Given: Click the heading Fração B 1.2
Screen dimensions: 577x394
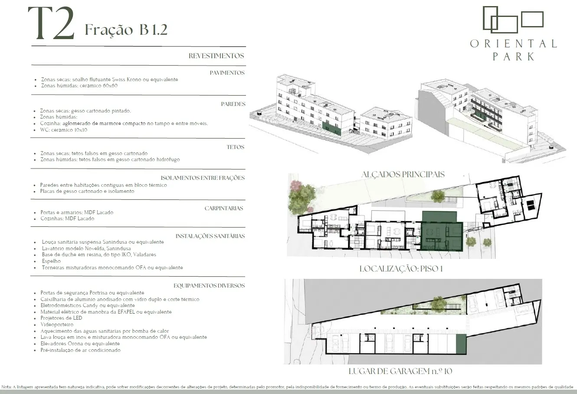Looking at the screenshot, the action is click(x=126, y=30).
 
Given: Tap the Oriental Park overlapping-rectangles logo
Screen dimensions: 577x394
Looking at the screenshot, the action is click(x=513, y=20).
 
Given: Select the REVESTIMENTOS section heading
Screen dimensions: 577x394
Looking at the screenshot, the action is click(x=216, y=56).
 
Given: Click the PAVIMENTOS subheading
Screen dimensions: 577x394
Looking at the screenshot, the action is click(x=227, y=73).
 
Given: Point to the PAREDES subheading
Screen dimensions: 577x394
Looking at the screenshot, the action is click(x=233, y=104).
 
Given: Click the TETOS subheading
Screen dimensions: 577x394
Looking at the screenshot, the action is click(x=236, y=147).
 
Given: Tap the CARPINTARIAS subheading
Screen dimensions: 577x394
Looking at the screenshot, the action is click(x=224, y=208).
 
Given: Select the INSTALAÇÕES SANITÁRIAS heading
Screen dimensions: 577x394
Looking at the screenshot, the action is click(x=210, y=236).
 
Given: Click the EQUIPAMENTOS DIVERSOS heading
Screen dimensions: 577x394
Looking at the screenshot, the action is click(x=209, y=285).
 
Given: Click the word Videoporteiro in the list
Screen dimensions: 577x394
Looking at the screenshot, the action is click(x=57, y=324).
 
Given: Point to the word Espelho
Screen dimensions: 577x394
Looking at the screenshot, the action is click(x=51, y=261).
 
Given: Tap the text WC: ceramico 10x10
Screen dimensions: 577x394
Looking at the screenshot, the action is click(x=64, y=130).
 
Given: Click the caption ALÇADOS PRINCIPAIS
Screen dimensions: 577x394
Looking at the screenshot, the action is click(x=403, y=174).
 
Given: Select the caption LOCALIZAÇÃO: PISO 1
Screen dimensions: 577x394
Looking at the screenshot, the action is click(x=401, y=269).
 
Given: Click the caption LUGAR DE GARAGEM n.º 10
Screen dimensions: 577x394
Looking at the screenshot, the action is click(x=400, y=371).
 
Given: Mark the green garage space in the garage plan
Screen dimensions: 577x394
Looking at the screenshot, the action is click(x=461, y=344).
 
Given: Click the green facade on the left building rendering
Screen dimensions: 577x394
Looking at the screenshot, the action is click(x=331, y=129).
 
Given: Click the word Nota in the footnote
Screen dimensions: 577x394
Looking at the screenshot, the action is click(x=6, y=387).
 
